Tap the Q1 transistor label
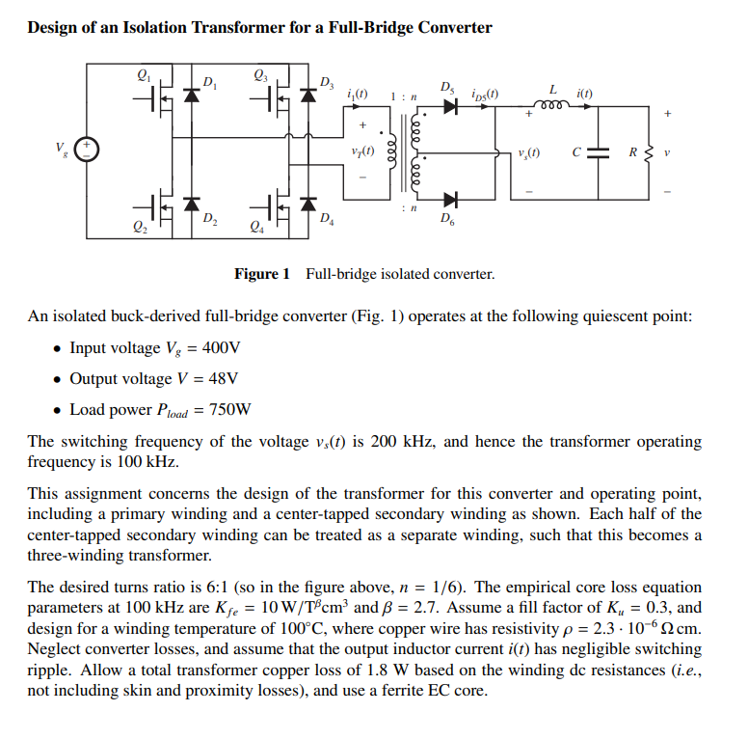[x=145, y=72]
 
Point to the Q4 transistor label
[x=255, y=229]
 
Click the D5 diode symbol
[x=449, y=106]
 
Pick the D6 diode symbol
[x=449, y=200]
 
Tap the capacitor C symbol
[x=598, y=152]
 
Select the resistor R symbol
[x=648, y=152]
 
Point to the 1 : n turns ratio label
[x=403, y=96]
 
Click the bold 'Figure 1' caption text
[x=261, y=274]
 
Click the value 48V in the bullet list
[x=220, y=378]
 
